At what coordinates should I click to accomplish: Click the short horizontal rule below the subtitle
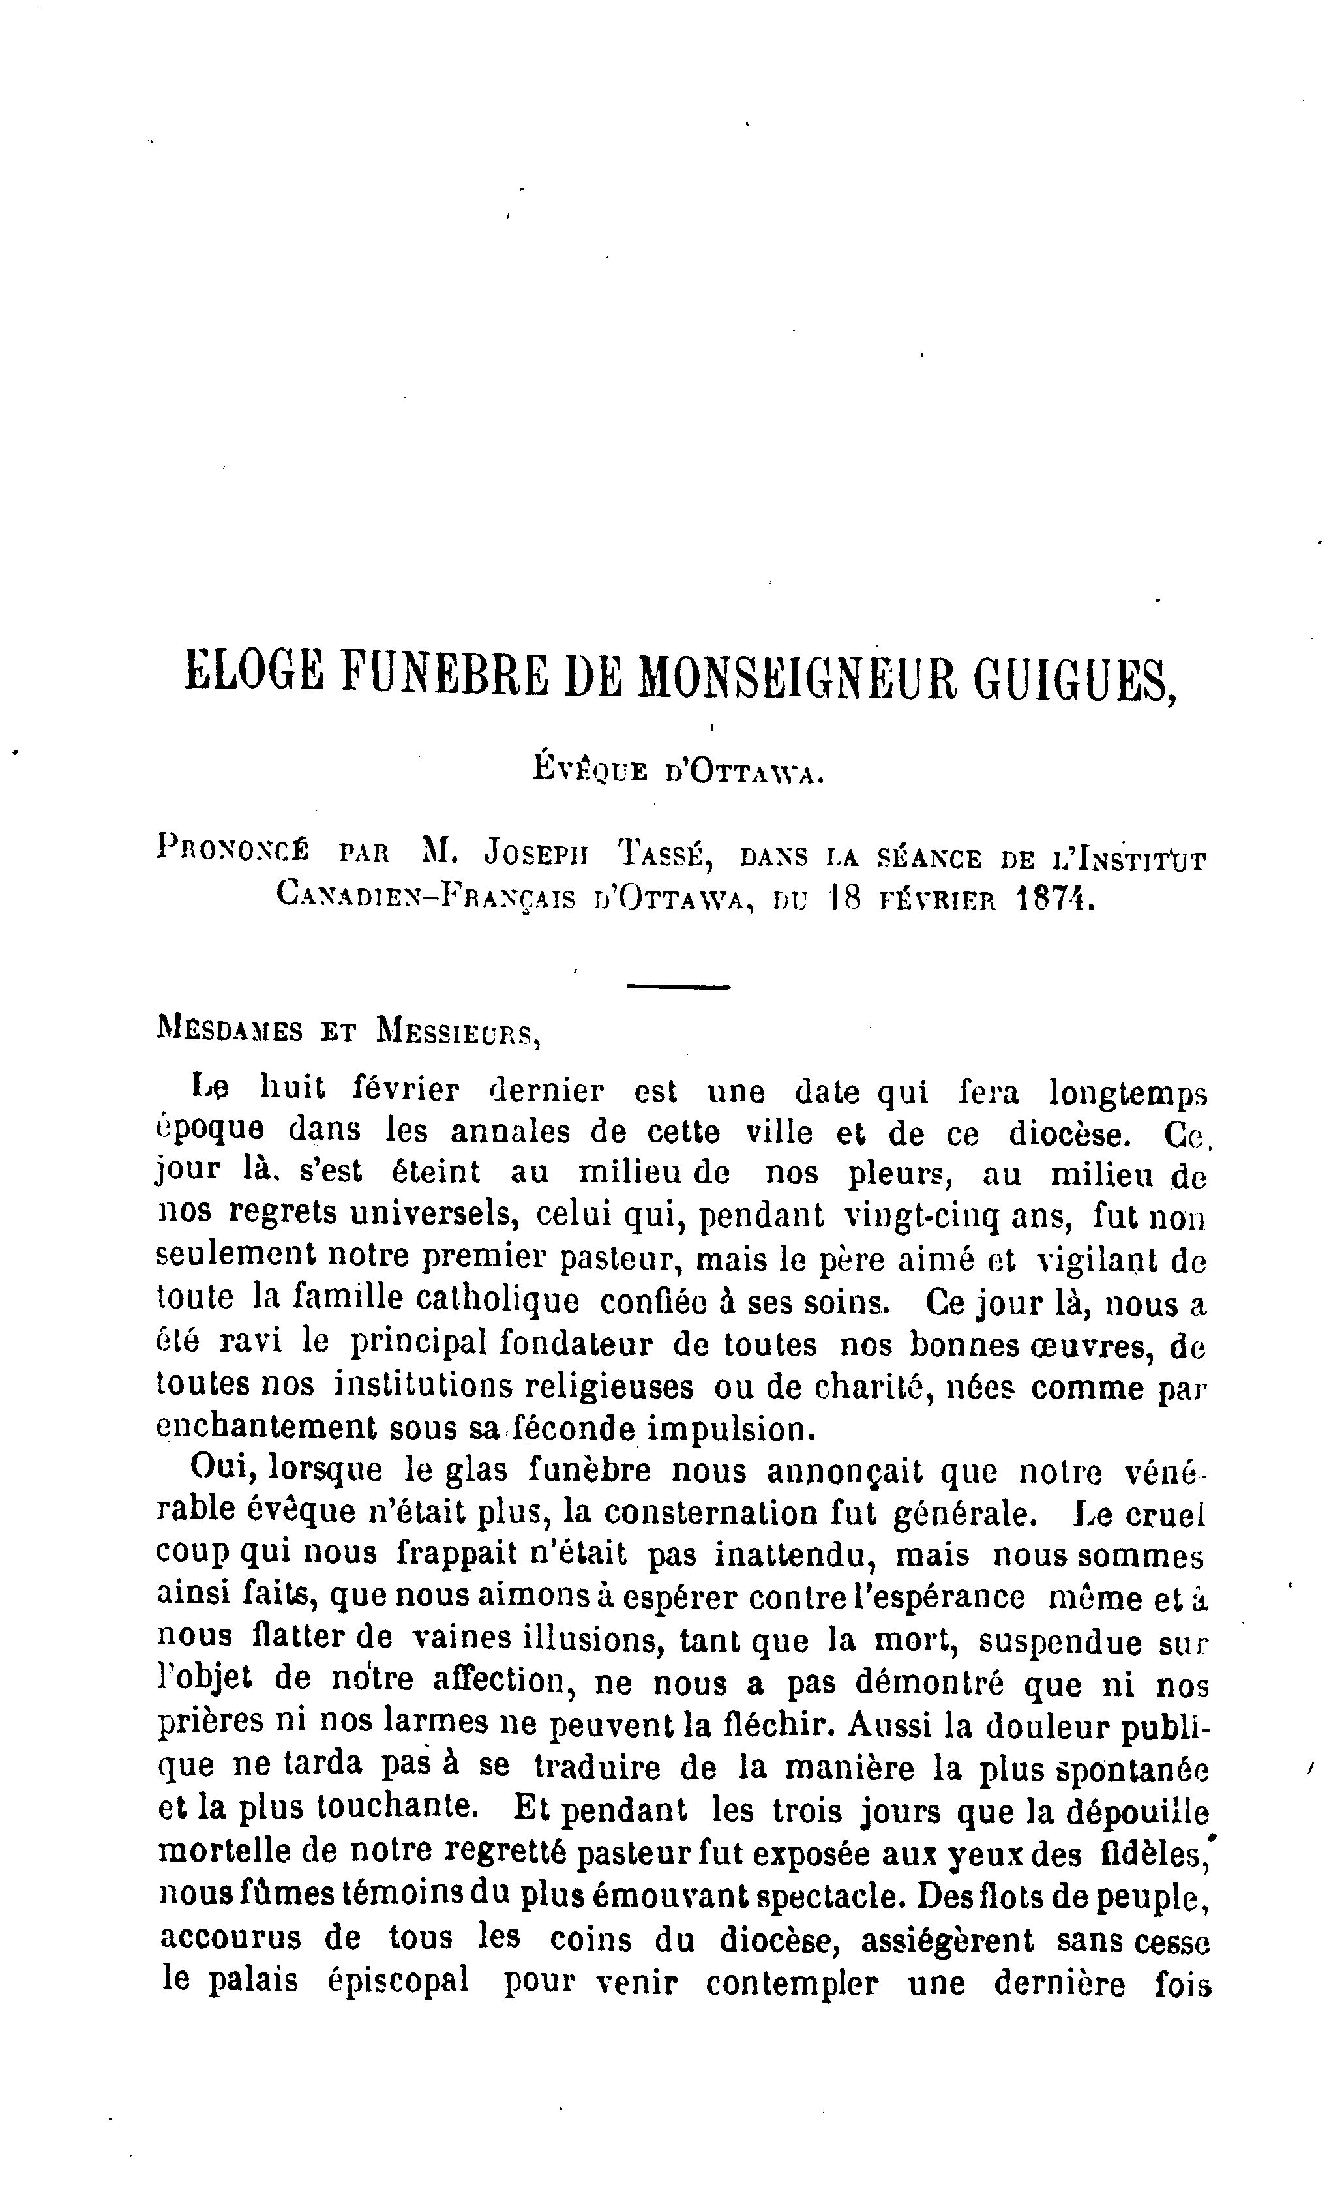[679, 987]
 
